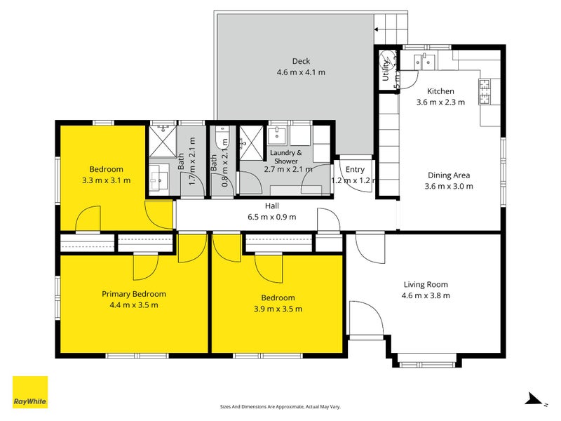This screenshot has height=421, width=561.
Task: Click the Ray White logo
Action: point(30,392)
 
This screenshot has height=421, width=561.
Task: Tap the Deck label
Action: point(301,61)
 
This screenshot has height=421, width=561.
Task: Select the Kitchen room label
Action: point(441,91)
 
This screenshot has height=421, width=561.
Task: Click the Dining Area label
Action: point(449,175)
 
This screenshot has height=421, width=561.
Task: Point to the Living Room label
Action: point(426,284)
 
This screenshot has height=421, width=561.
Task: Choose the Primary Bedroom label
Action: point(134,294)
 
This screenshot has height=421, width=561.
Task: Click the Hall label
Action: point(272,206)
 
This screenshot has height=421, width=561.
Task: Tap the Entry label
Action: point(355,169)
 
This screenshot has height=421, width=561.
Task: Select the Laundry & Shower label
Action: point(285,153)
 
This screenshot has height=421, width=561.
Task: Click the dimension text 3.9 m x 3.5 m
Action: point(279,309)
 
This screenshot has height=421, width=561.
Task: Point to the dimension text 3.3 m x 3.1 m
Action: point(106,180)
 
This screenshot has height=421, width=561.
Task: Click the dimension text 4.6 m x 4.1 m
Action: point(302,72)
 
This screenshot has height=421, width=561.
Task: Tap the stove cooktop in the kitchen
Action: point(485,89)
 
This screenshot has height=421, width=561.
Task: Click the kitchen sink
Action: point(424,61)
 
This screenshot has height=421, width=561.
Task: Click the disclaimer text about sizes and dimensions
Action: point(280,406)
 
